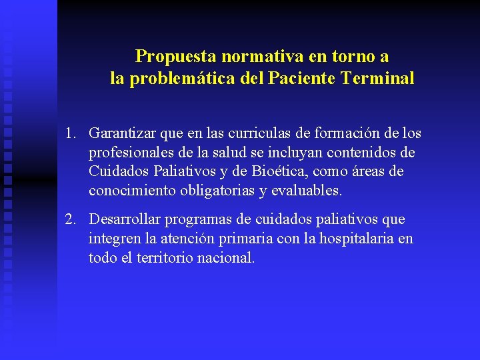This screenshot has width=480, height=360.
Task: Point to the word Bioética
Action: [278, 171]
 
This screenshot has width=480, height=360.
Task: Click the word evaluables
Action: [307, 191]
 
